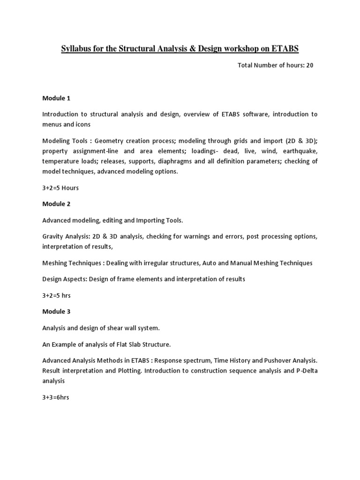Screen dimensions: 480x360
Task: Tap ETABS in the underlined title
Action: tap(283, 48)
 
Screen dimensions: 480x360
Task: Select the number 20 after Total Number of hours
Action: tap(310, 65)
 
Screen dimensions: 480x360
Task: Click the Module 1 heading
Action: tap(56, 98)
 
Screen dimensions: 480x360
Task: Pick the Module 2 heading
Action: tap(56, 204)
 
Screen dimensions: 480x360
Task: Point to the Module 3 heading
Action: tap(56, 312)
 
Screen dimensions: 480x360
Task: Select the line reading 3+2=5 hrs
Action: tap(56, 295)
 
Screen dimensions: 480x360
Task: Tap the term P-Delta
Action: tap(306, 371)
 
